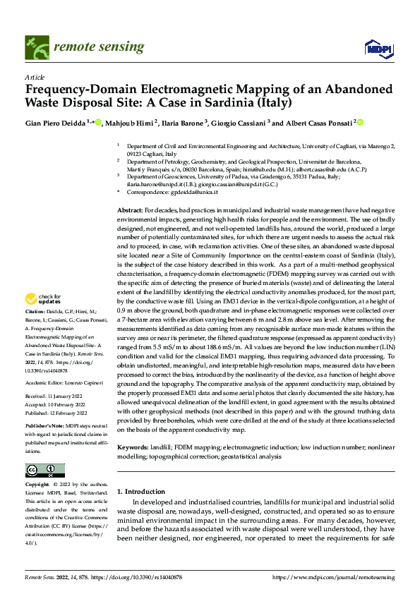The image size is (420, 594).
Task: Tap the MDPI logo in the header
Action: tap(374, 47)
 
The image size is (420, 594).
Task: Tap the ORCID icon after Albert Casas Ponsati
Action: tap(361, 122)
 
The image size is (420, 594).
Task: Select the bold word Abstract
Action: tap(129, 211)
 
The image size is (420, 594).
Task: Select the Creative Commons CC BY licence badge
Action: tap(44, 470)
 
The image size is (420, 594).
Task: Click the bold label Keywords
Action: tap(132, 447)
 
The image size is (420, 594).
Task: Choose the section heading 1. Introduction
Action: tap(140, 491)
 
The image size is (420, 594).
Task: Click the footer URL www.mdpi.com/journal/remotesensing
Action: tap(332, 576)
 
